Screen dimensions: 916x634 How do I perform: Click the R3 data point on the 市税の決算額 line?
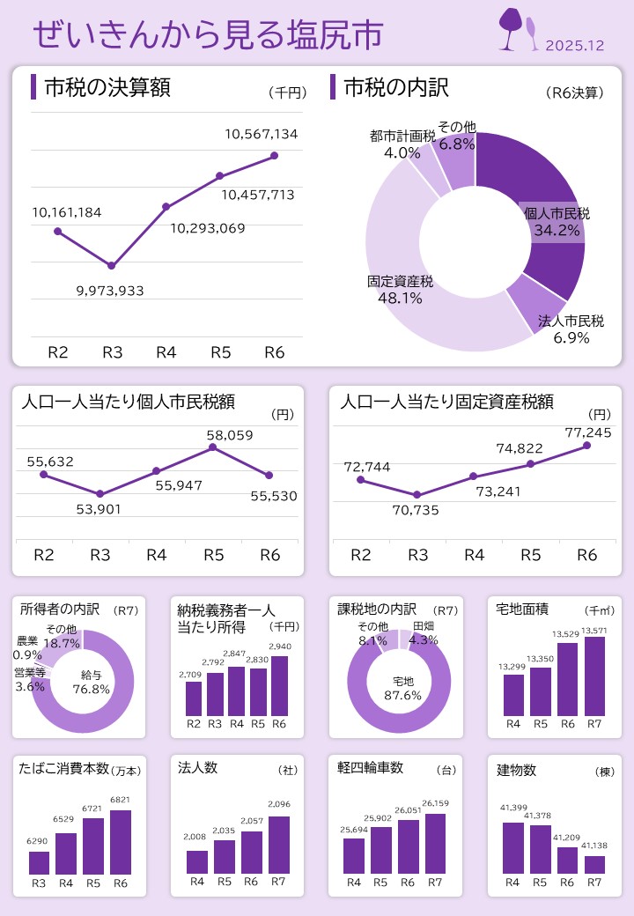112,265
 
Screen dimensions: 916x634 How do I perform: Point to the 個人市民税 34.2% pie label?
557,222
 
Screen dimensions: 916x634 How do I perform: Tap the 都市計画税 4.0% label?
402,144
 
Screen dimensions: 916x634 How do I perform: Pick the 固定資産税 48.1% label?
400,290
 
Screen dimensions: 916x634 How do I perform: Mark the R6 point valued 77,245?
586,445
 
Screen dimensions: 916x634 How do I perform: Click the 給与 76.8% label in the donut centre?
91,683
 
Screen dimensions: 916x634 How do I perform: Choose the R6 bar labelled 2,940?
279,685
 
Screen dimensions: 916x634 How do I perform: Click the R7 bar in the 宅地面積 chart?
594,676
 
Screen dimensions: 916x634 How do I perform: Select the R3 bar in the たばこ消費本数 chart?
39,862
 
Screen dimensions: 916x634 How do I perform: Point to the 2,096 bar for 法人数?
278,845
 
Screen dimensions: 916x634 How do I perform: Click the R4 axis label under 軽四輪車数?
354,882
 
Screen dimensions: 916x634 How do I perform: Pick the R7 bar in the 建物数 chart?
594,864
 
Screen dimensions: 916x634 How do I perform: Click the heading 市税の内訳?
395,87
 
